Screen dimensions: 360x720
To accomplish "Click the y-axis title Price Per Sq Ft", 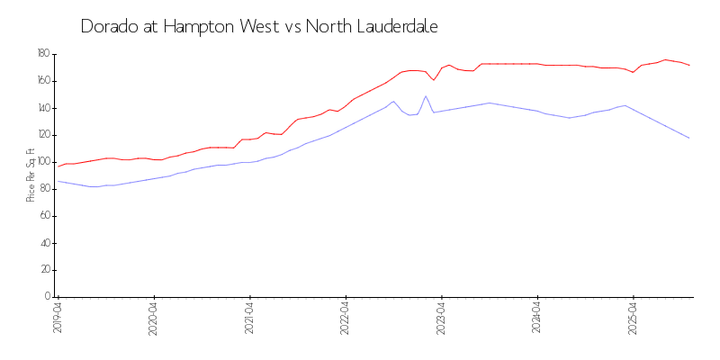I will coord(31,175).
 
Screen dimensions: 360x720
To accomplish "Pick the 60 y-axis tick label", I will coord(43,216).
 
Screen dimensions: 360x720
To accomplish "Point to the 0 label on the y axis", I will coord(46,297).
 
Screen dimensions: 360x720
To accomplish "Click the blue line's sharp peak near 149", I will coord(426,96).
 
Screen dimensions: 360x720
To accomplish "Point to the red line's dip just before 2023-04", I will coord(434,80).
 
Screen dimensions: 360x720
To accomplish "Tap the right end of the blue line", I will coord(689,138).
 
